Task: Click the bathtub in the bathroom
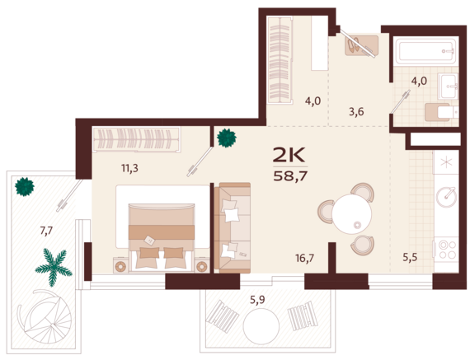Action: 425,50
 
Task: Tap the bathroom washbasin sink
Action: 448,86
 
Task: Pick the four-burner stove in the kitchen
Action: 447,250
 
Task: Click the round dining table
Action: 352,214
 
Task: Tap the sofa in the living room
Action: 233,228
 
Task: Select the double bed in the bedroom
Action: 162,236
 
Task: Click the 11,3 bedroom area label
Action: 129,168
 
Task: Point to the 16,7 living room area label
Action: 305,258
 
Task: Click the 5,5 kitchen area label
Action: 410,257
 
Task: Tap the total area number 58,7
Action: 290,176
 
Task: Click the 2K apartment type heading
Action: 289,155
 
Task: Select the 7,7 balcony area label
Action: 46,231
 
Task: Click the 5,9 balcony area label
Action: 257,300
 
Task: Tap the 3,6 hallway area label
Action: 356,112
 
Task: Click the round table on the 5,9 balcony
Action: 261,326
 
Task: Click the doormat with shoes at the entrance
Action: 361,45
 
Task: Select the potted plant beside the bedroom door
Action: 227,138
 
